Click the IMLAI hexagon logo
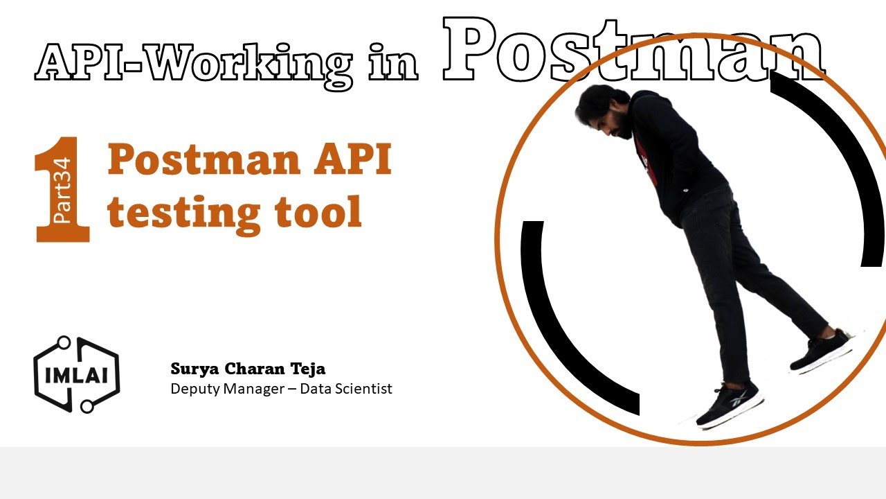click(76, 375)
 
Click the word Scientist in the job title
click(363, 388)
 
